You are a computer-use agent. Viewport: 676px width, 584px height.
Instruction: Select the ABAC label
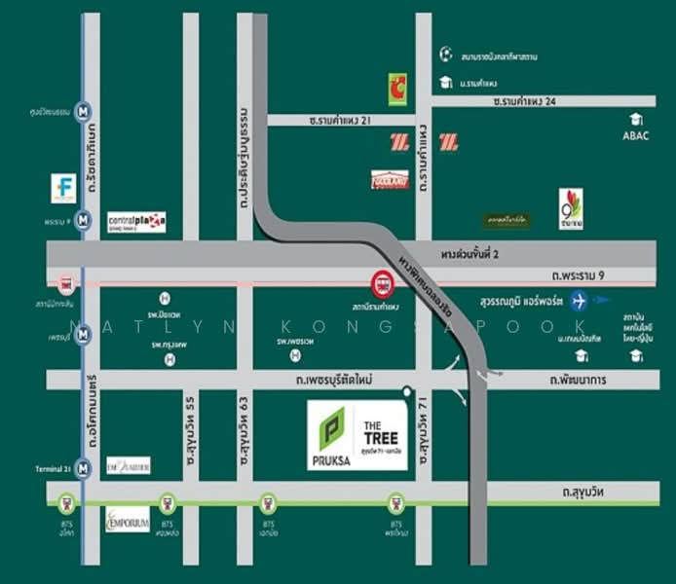click(x=635, y=135)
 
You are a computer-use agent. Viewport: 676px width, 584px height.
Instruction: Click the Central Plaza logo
click(x=136, y=221)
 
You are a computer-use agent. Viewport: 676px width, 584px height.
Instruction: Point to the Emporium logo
click(x=127, y=518)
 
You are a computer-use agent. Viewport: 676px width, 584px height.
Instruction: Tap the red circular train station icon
click(x=382, y=284)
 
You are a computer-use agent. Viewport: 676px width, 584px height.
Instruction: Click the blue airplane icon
click(x=582, y=299)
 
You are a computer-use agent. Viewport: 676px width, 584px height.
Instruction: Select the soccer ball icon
click(x=445, y=55)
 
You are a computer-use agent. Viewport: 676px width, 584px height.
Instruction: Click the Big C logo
click(x=397, y=89)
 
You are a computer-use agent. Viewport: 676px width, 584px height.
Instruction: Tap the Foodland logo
click(x=386, y=180)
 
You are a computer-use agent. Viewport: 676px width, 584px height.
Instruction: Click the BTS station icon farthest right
click(x=396, y=503)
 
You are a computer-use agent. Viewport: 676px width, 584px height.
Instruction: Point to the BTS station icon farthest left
click(x=66, y=503)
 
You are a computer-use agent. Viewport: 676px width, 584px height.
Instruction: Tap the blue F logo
click(x=63, y=188)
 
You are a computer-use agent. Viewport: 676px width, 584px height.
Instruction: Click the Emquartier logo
click(x=128, y=465)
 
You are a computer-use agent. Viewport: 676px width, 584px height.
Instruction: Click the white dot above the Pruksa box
click(x=404, y=392)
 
